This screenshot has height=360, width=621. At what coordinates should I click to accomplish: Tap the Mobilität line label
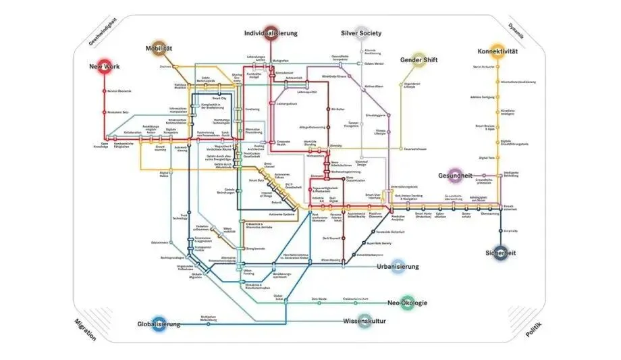coord(159,49)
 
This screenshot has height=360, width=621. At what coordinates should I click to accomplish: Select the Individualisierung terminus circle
coord(269,34)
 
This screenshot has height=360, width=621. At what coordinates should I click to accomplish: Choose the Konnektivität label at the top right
coord(497,51)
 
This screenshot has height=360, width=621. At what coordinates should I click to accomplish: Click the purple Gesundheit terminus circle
coord(456,175)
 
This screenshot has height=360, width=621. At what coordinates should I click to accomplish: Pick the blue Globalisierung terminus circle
coord(158,324)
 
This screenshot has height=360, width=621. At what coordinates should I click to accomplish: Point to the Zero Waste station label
coord(319,299)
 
